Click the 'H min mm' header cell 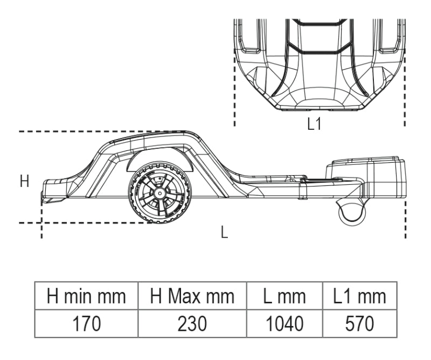coord(86,296)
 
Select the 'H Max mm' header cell coord(192,296)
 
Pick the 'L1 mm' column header coord(360,296)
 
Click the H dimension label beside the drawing coord(24,182)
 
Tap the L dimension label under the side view coord(224,233)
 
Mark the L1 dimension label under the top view coord(314,124)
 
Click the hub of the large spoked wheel coord(159,192)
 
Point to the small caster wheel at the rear coord(351,211)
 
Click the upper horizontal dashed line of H coord(81,131)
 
